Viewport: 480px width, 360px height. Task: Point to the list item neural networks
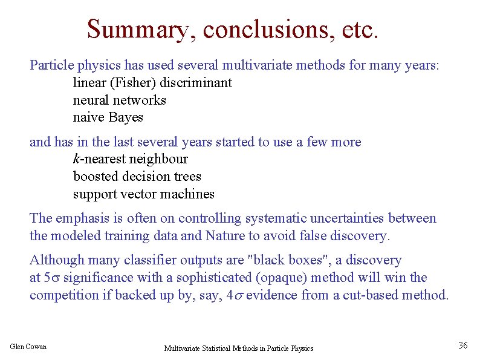coord(119,100)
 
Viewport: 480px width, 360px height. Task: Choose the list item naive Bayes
coord(108,117)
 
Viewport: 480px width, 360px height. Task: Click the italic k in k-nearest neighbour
coord(76,159)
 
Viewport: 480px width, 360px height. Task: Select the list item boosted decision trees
coord(137,177)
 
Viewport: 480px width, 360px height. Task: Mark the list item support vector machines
coord(143,194)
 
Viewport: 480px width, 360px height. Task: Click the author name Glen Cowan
coord(28,346)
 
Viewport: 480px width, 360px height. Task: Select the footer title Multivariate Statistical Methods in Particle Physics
coord(239,348)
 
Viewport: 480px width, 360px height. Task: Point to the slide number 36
coord(463,345)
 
